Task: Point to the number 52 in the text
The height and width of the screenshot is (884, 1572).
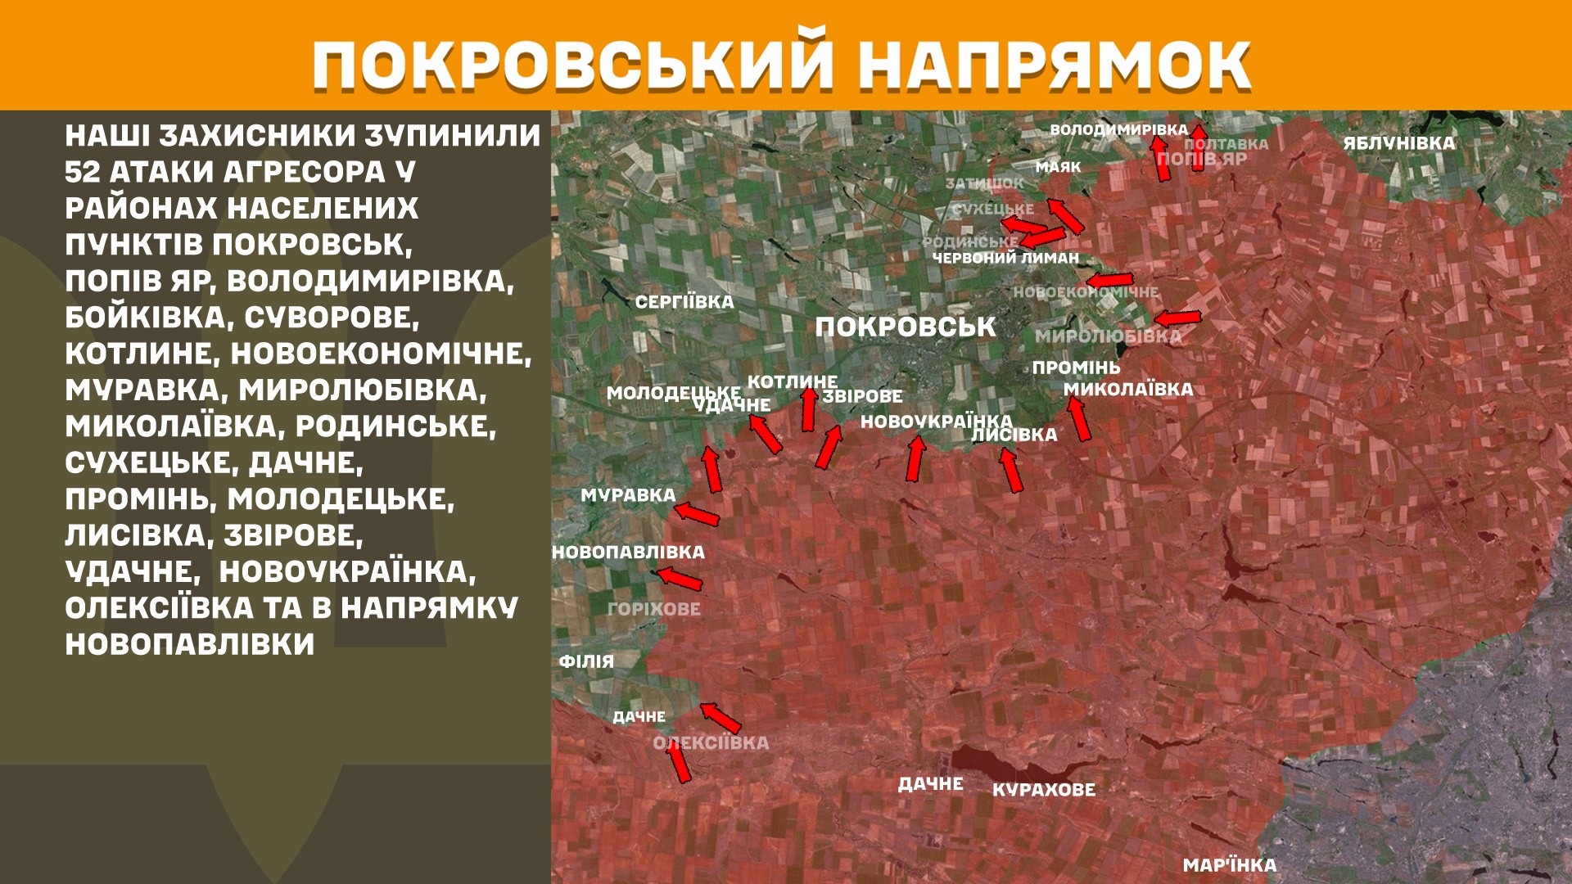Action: tap(82, 172)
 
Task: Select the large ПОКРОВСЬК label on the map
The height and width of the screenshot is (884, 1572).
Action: tap(905, 327)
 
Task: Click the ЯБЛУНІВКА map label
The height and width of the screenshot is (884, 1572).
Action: tap(1398, 143)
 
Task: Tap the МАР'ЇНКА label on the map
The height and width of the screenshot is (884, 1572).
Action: tap(1229, 865)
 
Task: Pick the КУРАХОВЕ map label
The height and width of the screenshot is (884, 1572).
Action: tap(1043, 790)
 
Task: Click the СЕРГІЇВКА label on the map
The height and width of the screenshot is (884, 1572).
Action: tap(684, 302)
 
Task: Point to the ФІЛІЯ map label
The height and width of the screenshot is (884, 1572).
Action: tap(586, 661)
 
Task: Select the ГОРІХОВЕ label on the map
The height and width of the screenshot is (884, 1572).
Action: tap(653, 609)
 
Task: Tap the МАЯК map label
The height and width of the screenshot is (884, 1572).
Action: tap(1058, 167)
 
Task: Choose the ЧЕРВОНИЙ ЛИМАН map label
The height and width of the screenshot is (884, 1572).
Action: tap(1005, 258)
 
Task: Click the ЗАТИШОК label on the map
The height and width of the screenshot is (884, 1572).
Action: tap(984, 183)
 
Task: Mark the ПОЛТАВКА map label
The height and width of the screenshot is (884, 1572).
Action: tap(1226, 144)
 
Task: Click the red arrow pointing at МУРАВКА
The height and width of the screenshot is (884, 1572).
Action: tap(697, 515)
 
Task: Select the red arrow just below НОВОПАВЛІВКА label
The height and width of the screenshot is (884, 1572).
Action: tap(680, 578)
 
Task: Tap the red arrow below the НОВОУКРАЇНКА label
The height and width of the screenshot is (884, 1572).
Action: tap(915, 458)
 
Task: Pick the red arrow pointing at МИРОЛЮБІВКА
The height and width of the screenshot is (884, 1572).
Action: tap(1177, 318)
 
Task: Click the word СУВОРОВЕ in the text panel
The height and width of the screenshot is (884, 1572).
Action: tap(332, 318)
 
